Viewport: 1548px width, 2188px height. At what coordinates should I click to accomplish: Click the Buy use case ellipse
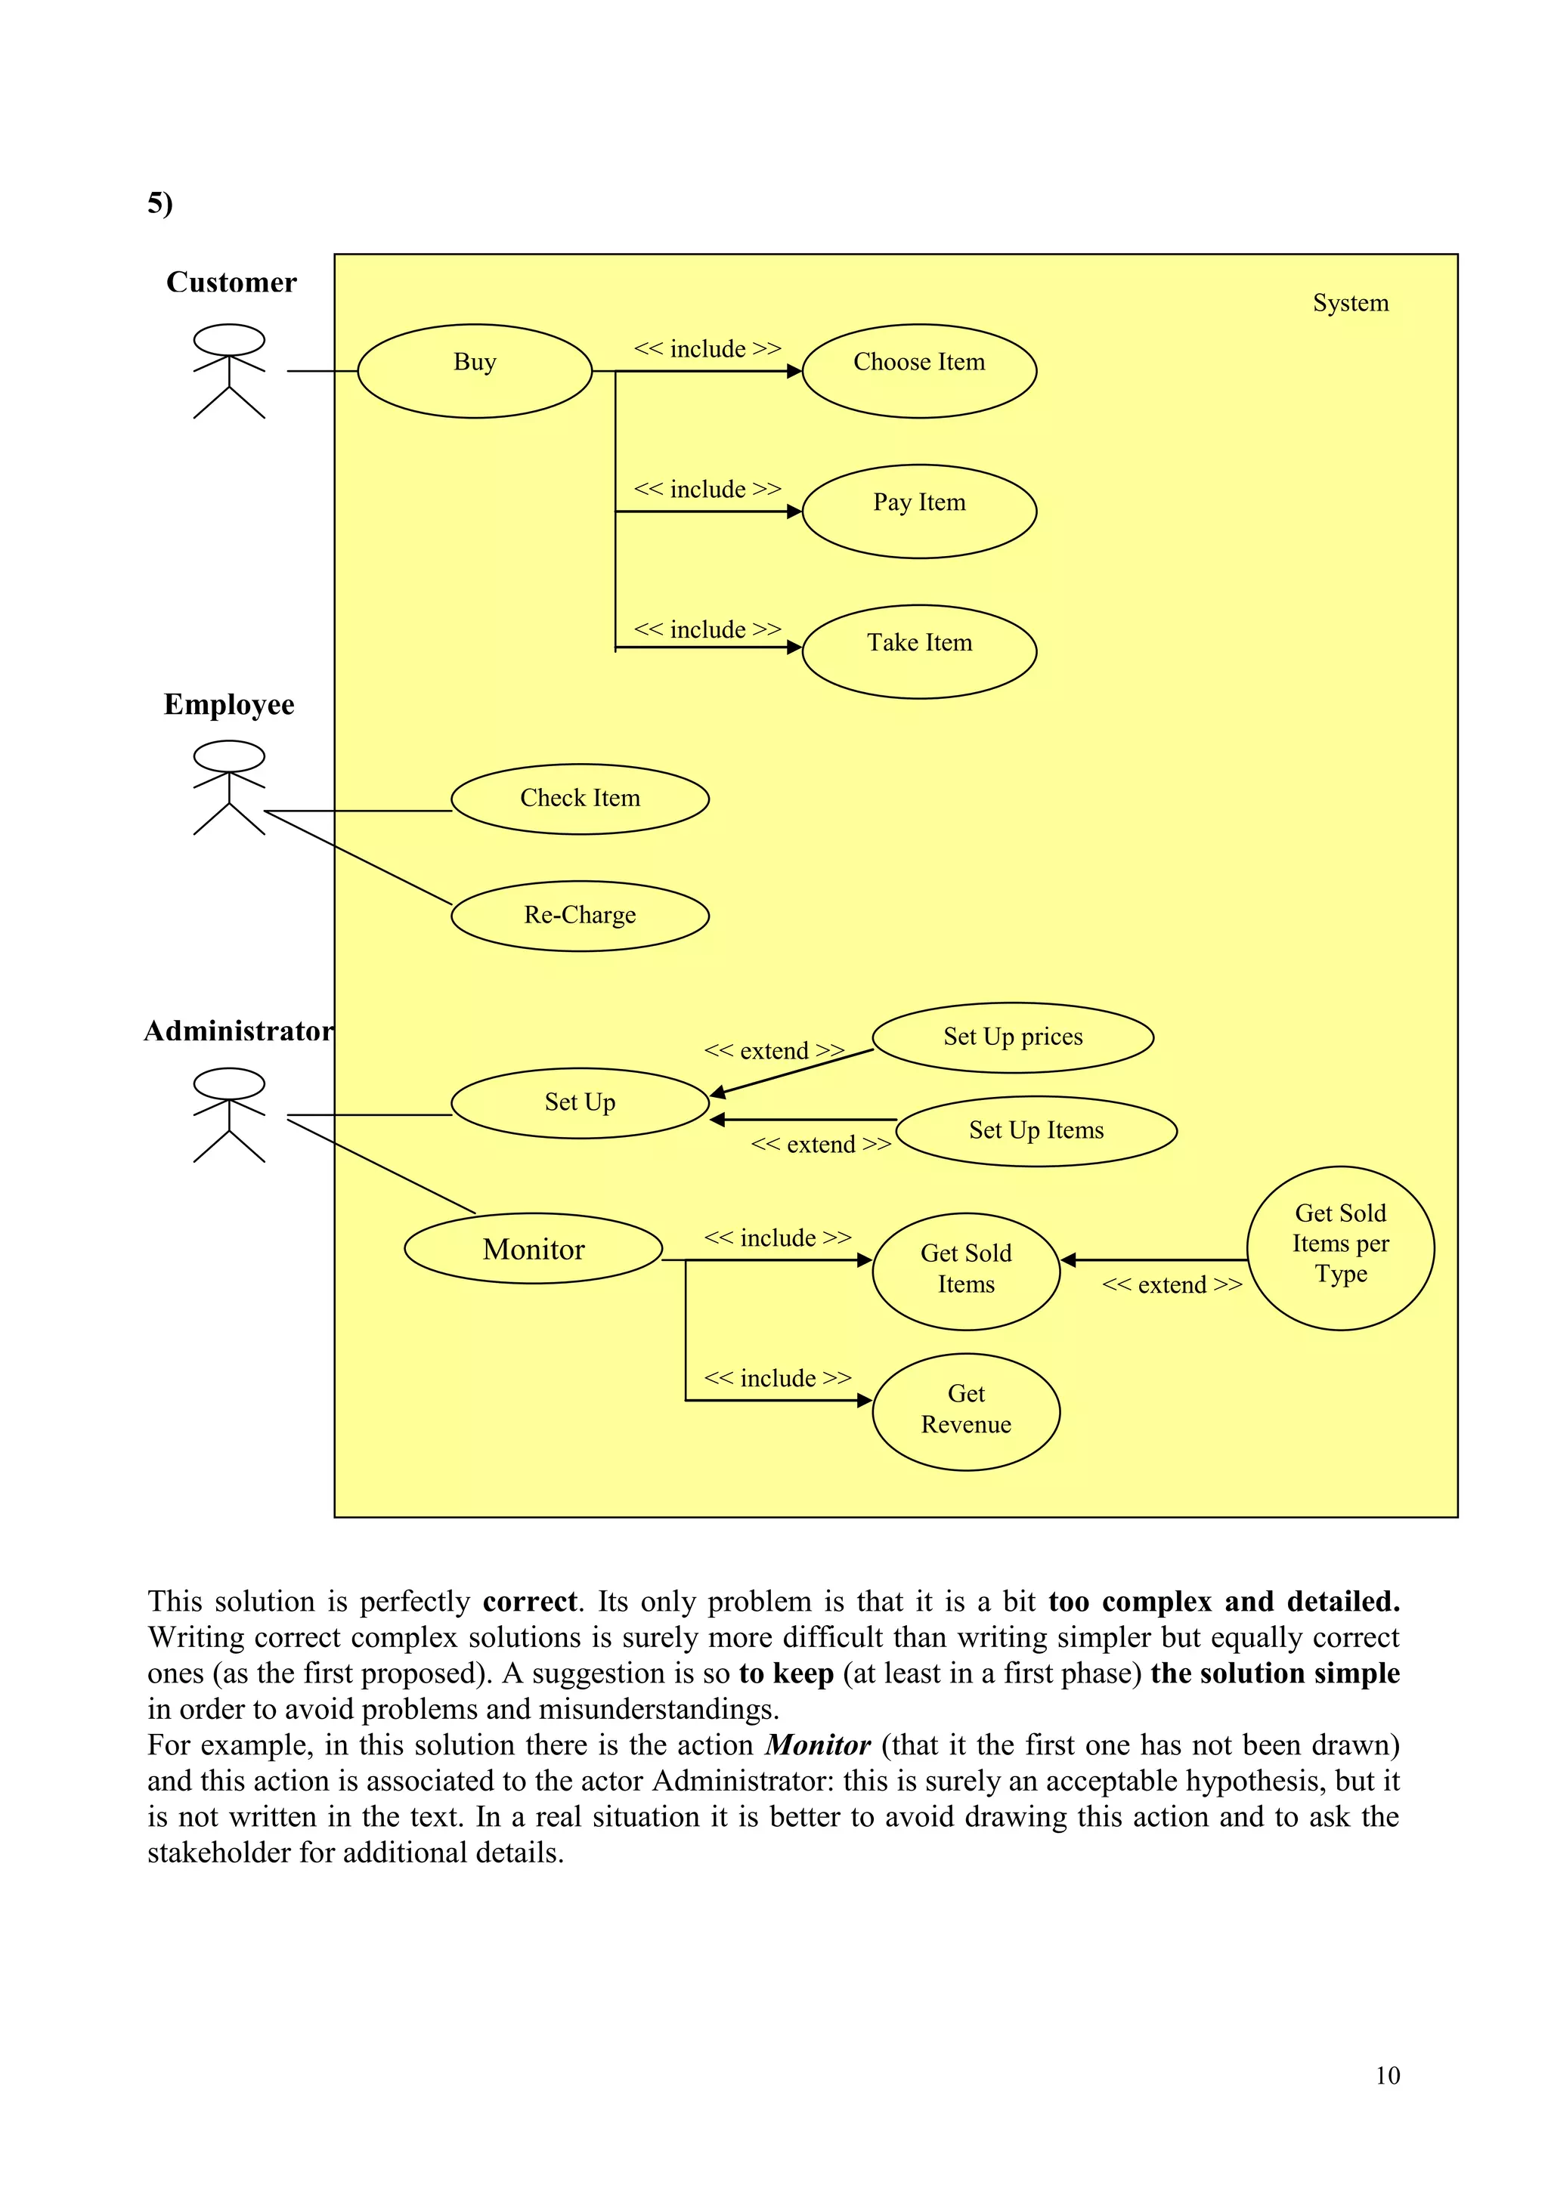click(x=475, y=371)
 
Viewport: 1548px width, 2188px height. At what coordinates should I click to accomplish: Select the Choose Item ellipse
click(x=919, y=371)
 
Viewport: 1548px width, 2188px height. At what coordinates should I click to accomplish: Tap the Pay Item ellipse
click(x=919, y=511)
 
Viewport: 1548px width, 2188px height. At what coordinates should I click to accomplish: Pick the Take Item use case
click(x=919, y=652)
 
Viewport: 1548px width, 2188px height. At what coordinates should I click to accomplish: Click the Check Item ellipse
click(x=580, y=799)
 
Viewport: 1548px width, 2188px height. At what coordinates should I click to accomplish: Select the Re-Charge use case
click(x=580, y=916)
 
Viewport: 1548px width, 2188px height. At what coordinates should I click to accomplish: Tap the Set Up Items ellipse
click(x=1036, y=1130)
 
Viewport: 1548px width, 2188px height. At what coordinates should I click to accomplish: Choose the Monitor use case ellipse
click(x=533, y=1248)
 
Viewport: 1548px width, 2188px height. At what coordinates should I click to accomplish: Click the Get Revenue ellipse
click(x=965, y=1411)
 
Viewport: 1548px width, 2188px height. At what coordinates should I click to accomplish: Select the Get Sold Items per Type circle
click(x=1340, y=1247)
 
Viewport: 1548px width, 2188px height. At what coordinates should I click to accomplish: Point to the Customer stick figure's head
click(x=229, y=339)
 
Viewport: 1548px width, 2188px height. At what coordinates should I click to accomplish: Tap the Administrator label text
click(x=238, y=1031)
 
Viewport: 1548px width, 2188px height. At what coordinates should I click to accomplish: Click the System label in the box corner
click(x=1350, y=303)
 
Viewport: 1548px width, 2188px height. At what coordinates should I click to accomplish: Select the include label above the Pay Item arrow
click(x=707, y=489)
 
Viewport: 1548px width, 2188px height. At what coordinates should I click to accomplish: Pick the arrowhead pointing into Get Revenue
click(x=865, y=1400)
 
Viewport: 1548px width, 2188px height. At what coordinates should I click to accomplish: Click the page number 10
click(x=1387, y=2075)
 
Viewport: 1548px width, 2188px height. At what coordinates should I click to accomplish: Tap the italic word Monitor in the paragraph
click(x=818, y=1745)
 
